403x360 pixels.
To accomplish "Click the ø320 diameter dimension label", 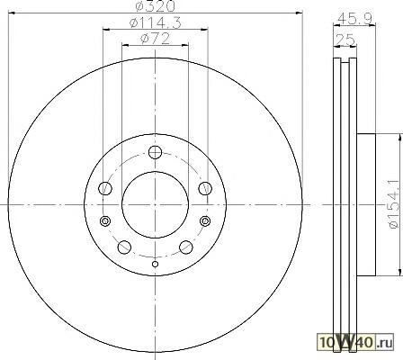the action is tap(155, 6).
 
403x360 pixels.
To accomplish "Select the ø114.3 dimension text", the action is tap(156, 23).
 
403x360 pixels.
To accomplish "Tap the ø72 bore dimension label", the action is tap(155, 39).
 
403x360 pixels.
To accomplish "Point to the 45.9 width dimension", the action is tap(354, 20).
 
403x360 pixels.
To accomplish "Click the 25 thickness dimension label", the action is tap(345, 40).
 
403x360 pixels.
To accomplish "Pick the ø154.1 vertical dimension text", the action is tap(395, 204).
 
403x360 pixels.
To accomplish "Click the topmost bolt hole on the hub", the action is tap(155, 152).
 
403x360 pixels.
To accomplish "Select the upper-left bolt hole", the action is tap(105, 188).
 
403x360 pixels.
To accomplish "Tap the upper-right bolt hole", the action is tap(205, 188).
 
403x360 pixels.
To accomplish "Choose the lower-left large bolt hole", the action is tap(124, 247).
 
